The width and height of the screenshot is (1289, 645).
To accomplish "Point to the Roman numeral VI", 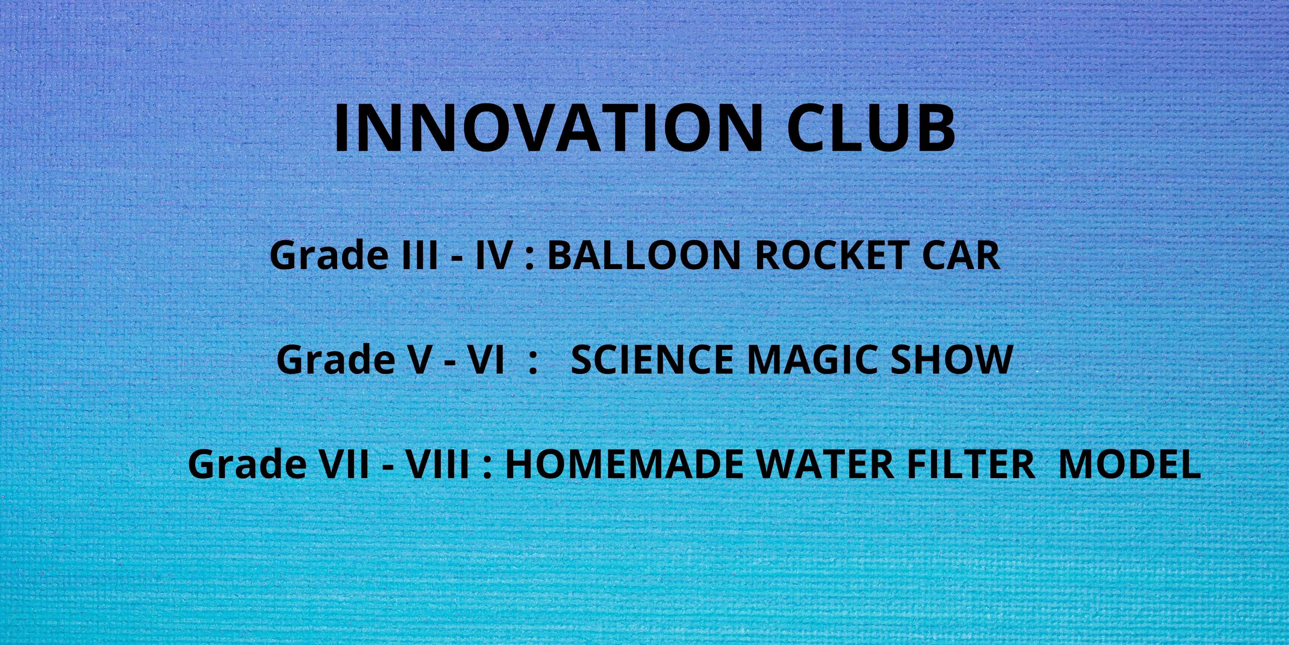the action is [x=485, y=359].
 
